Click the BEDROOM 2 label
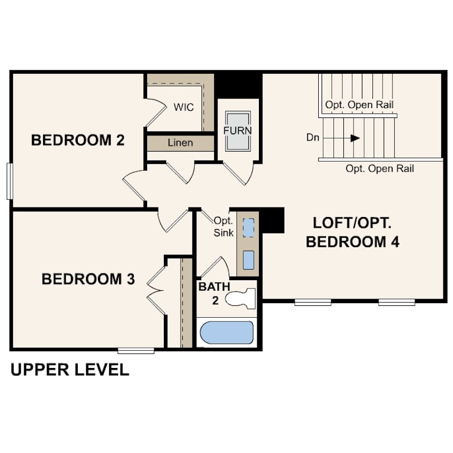[78, 140]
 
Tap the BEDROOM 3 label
[88, 279]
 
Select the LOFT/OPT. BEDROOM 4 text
[352, 232]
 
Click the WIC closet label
[183, 107]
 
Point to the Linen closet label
[180, 143]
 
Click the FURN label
[238, 130]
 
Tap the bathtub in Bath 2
[226, 333]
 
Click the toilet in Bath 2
[241, 298]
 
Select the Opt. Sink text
[224, 226]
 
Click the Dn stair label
[313, 137]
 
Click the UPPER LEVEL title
[70, 370]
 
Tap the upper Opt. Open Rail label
[359, 105]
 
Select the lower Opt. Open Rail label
[380, 168]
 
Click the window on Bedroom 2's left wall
[9, 181]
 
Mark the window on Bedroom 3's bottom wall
[136, 351]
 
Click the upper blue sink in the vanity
[249, 226]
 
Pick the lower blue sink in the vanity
[249, 259]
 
